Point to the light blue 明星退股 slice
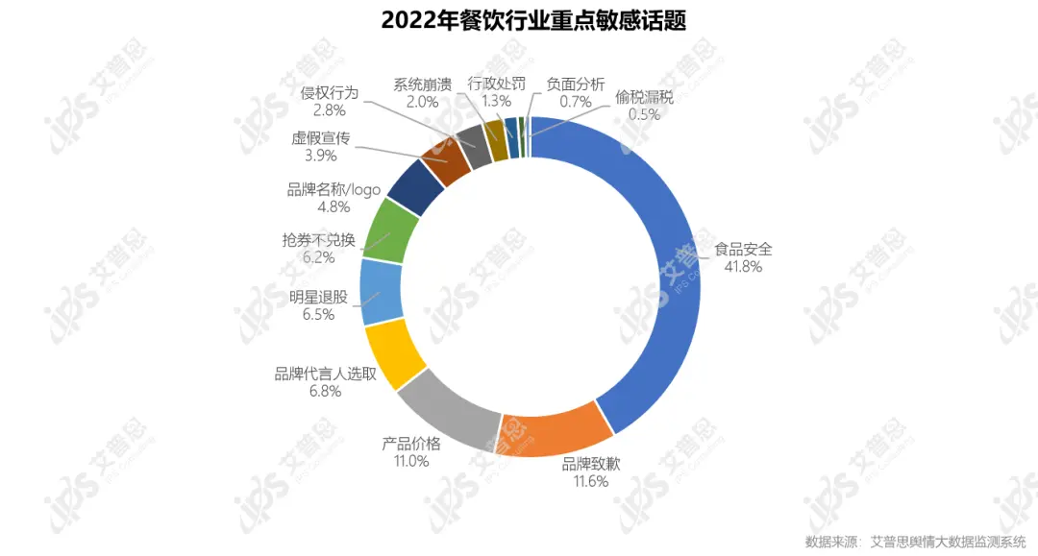click(382, 292)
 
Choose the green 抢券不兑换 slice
click(393, 230)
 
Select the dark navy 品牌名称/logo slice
click(415, 185)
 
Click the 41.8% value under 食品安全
click(743, 266)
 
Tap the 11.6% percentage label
click(591, 481)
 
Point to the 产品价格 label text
click(411, 443)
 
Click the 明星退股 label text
click(318, 297)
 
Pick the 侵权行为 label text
click(330, 92)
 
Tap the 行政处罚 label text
click(497, 84)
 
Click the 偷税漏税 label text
click(644, 97)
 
